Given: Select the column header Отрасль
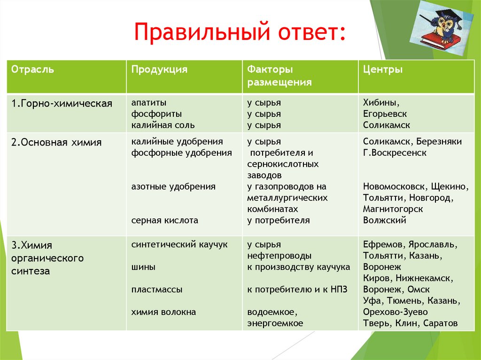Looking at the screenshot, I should point(32,69).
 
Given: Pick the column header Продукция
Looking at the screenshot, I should point(159,69).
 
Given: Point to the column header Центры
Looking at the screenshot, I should point(382,69).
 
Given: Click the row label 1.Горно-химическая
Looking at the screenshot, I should point(62,103).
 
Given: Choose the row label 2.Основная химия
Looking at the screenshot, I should point(56,142).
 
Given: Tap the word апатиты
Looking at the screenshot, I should point(149,102).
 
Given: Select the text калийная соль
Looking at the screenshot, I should point(163,125).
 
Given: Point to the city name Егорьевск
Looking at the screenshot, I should point(385,114).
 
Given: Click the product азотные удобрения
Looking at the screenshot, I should point(173,186).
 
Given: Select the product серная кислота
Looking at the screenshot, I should point(164,220).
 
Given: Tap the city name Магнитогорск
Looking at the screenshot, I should point(393,209).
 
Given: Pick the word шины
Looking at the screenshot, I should point(143,267).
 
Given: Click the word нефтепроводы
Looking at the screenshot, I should point(279,256).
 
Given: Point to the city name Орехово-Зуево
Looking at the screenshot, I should point(395,312).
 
